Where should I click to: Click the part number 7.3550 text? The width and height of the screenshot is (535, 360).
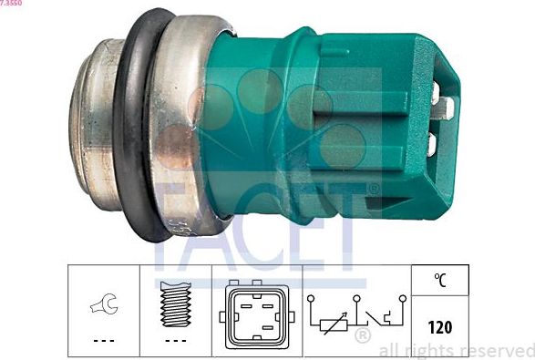click(12, 4)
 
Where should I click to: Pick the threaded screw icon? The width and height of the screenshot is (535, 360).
click(175, 304)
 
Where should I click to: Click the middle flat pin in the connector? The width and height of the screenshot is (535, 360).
click(448, 112)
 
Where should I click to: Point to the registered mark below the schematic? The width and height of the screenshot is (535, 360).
click(362, 338)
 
